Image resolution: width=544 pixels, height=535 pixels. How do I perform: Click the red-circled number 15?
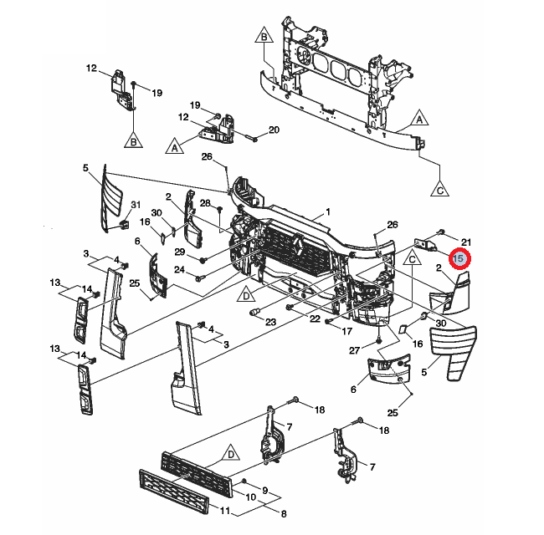point(458,259)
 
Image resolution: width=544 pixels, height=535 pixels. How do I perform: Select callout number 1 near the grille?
point(328,211)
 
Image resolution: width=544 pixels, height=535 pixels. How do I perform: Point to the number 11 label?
point(223,511)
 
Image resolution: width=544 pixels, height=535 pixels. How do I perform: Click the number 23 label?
point(270,322)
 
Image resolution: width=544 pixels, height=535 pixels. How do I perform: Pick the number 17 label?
point(346,331)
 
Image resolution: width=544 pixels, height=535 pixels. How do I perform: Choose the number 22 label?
point(314,319)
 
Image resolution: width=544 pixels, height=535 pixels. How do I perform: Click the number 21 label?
point(467,242)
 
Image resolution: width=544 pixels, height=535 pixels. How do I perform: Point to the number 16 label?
point(145,222)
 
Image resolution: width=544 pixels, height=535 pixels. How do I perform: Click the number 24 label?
point(179,269)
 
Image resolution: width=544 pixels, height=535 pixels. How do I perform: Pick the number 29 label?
point(179,252)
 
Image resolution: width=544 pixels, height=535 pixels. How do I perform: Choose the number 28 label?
point(205,204)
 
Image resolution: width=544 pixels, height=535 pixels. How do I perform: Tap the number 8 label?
point(283,513)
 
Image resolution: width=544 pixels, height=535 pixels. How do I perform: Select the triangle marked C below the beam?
point(441,188)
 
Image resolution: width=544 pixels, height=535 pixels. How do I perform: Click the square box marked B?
point(263,38)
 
